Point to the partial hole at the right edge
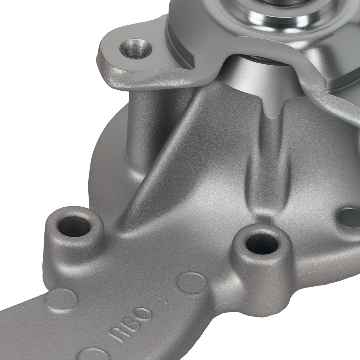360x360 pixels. tap(350, 217)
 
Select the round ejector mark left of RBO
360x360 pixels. tap(62, 300)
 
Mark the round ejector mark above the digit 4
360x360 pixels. tap(192, 283)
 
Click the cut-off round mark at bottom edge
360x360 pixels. tap(92, 354)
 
